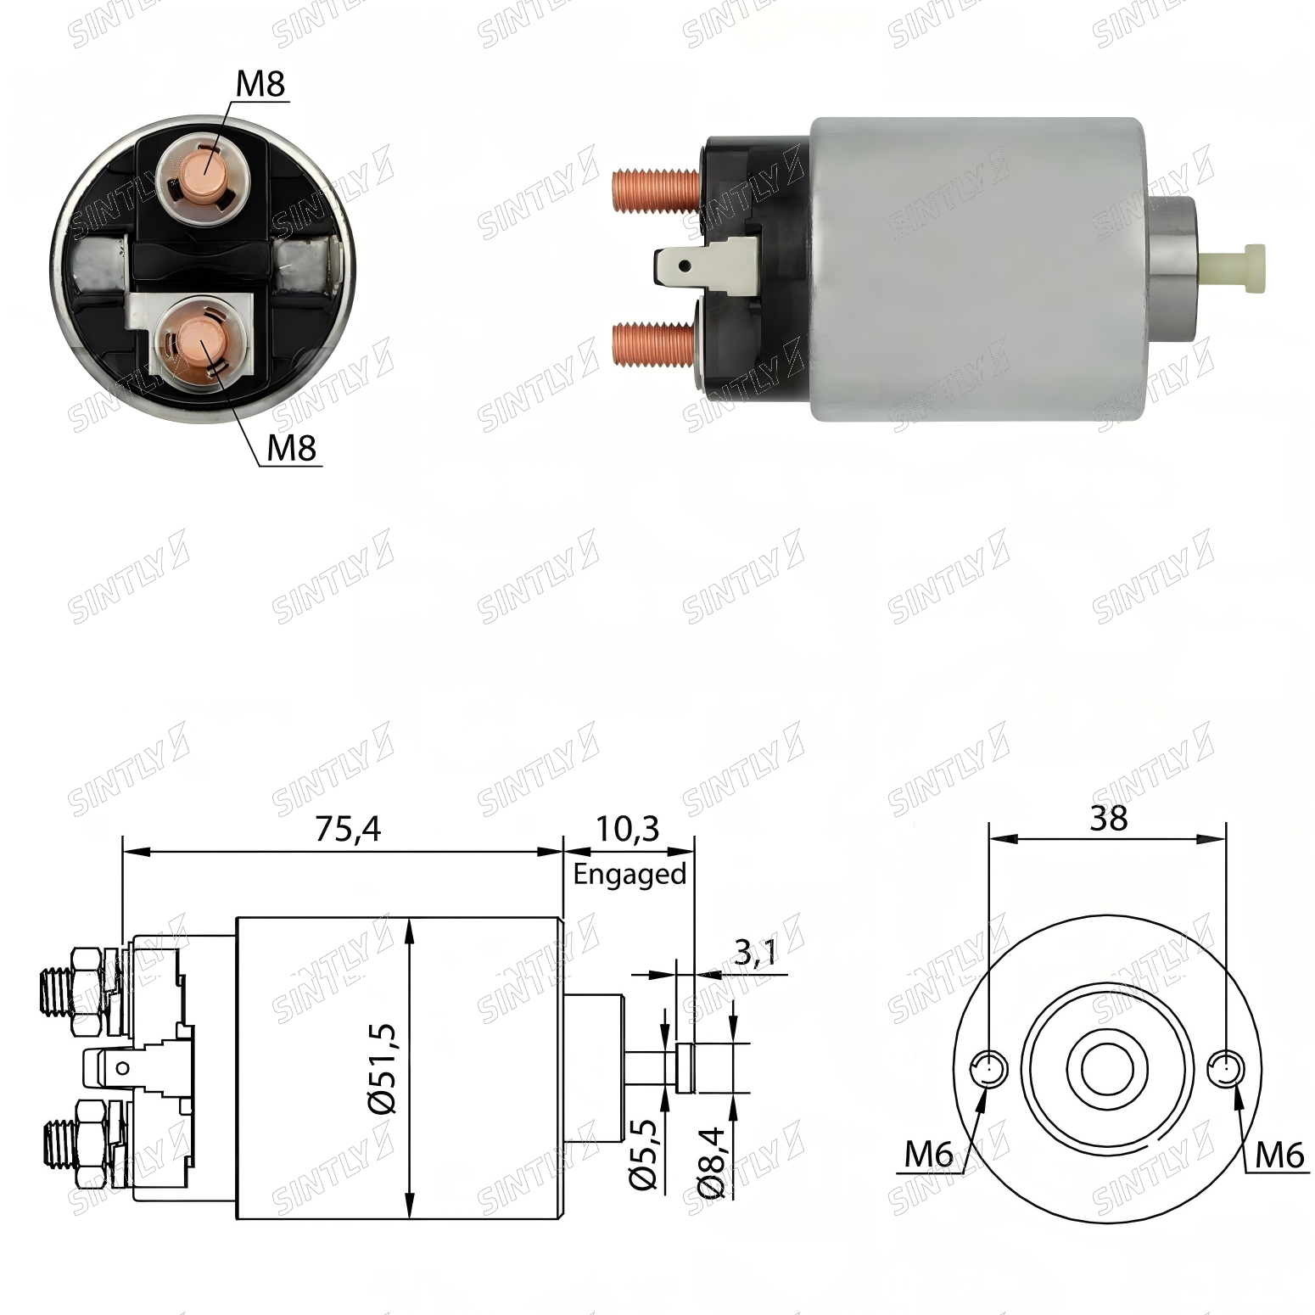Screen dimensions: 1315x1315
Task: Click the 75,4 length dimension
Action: click(348, 829)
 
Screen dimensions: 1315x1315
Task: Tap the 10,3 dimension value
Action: click(626, 829)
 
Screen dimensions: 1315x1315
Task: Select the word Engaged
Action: click(630, 874)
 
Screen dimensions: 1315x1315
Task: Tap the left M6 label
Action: click(929, 1154)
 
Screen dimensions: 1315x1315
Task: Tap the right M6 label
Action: click(1279, 1154)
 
